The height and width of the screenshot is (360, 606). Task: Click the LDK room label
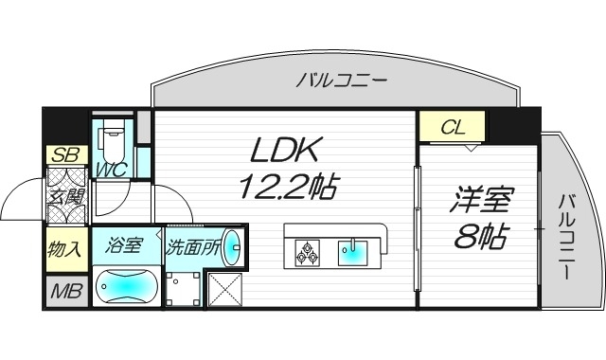coord(287,149)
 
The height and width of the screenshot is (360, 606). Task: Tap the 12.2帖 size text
coord(287,186)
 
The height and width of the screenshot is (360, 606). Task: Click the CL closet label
coord(452,125)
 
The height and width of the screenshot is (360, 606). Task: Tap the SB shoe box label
coord(64,154)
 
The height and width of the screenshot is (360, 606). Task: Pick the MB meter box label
coord(64,292)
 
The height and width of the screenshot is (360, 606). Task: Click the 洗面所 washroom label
coord(193,249)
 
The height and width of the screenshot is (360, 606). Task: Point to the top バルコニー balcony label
coord(341,81)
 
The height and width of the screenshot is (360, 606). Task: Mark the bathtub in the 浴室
coord(126,284)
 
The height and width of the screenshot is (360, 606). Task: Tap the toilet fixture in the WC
coord(113,143)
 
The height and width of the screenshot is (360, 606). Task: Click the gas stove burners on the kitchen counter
coord(308,252)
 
